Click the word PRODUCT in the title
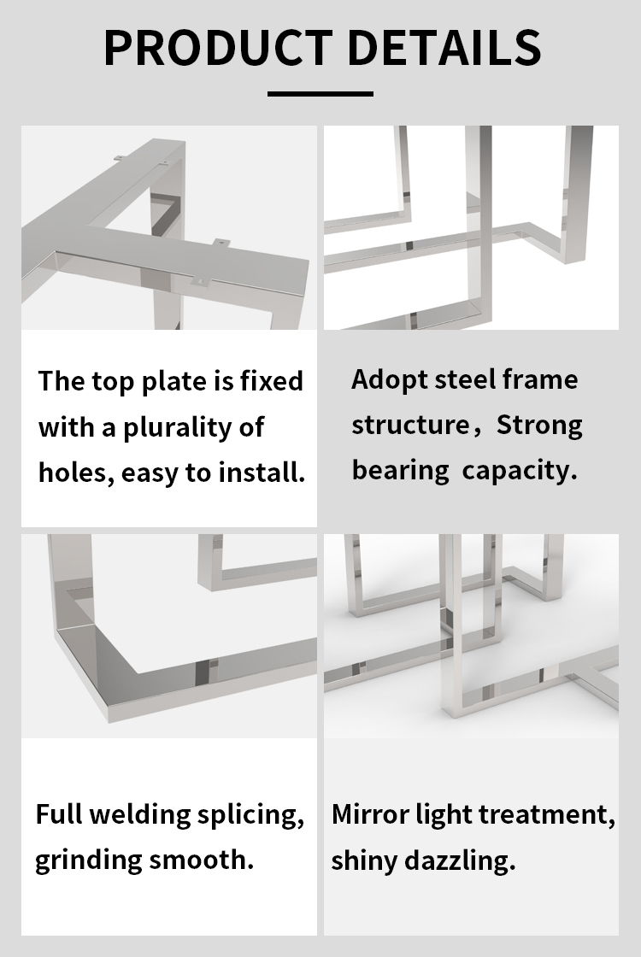pos(218,47)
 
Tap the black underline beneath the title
pos(320,94)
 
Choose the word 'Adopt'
pos(389,380)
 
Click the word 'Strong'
pos(539,426)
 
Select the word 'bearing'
pos(401,471)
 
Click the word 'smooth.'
pos(201,860)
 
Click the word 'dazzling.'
pos(460,861)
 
